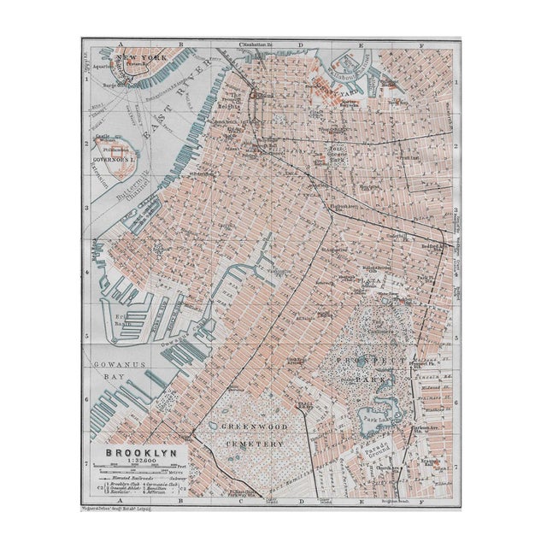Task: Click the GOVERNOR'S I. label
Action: point(111,159)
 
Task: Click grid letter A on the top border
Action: point(122,42)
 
